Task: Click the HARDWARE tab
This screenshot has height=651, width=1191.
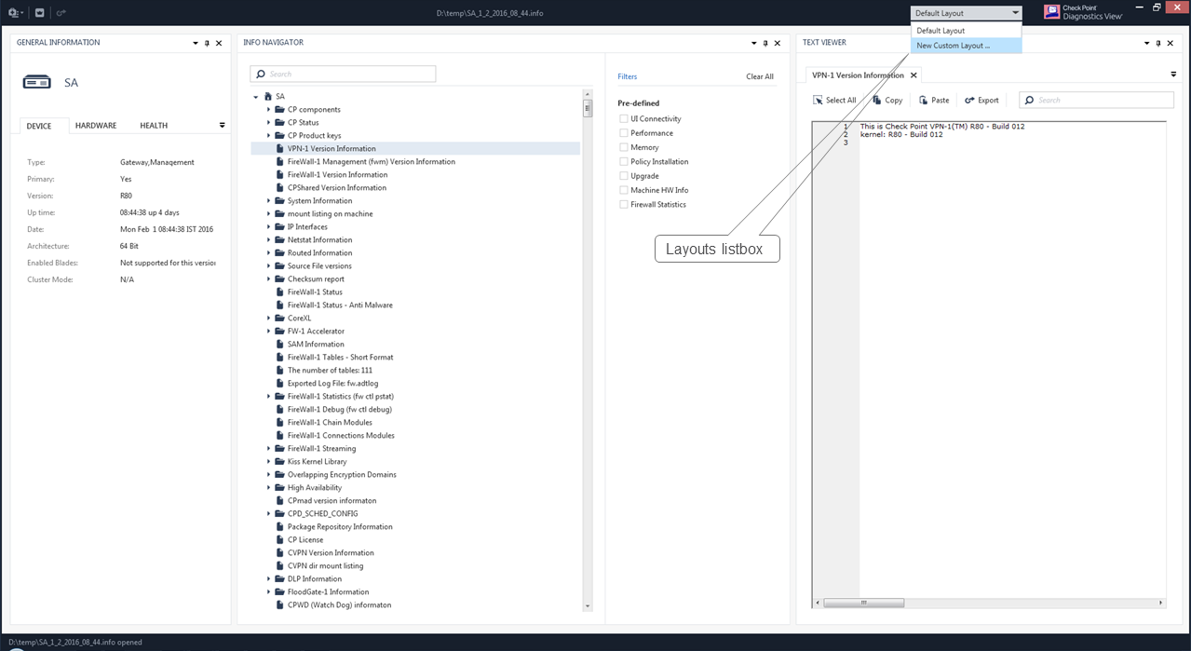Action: pyautogui.click(x=96, y=126)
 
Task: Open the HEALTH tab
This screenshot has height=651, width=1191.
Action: pyautogui.click(x=154, y=126)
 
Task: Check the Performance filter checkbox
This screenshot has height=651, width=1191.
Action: pyautogui.click(x=624, y=133)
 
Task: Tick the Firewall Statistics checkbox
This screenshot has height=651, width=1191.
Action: pyautogui.click(x=624, y=204)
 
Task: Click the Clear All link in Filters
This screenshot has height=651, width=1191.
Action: pyautogui.click(x=759, y=76)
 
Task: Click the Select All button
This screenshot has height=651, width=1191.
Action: pyautogui.click(x=834, y=100)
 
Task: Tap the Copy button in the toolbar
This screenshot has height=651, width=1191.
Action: pyautogui.click(x=887, y=100)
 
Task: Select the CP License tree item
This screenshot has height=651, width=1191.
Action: pyautogui.click(x=305, y=540)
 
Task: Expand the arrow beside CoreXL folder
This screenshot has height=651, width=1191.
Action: pyautogui.click(x=268, y=319)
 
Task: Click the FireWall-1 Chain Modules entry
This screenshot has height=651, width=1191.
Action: pyautogui.click(x=330, y=422)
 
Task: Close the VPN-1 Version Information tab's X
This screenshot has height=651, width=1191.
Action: pyautogui.click(x=914, y=75)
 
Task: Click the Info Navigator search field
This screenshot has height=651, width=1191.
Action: pyautogui.click(x=343, y=74)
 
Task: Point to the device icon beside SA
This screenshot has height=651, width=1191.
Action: pyautogui.click(x=36, y=82)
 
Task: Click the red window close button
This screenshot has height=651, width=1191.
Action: pyautogui.click(x=1178, y=7)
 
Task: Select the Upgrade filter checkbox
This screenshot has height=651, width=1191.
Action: pyautogui.click(x=624, y=176)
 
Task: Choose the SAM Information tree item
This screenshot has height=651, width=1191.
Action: pyautogui.click(x=316, y=344)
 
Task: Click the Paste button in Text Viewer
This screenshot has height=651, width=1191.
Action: pyautogui.click(x=934, y=100)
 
